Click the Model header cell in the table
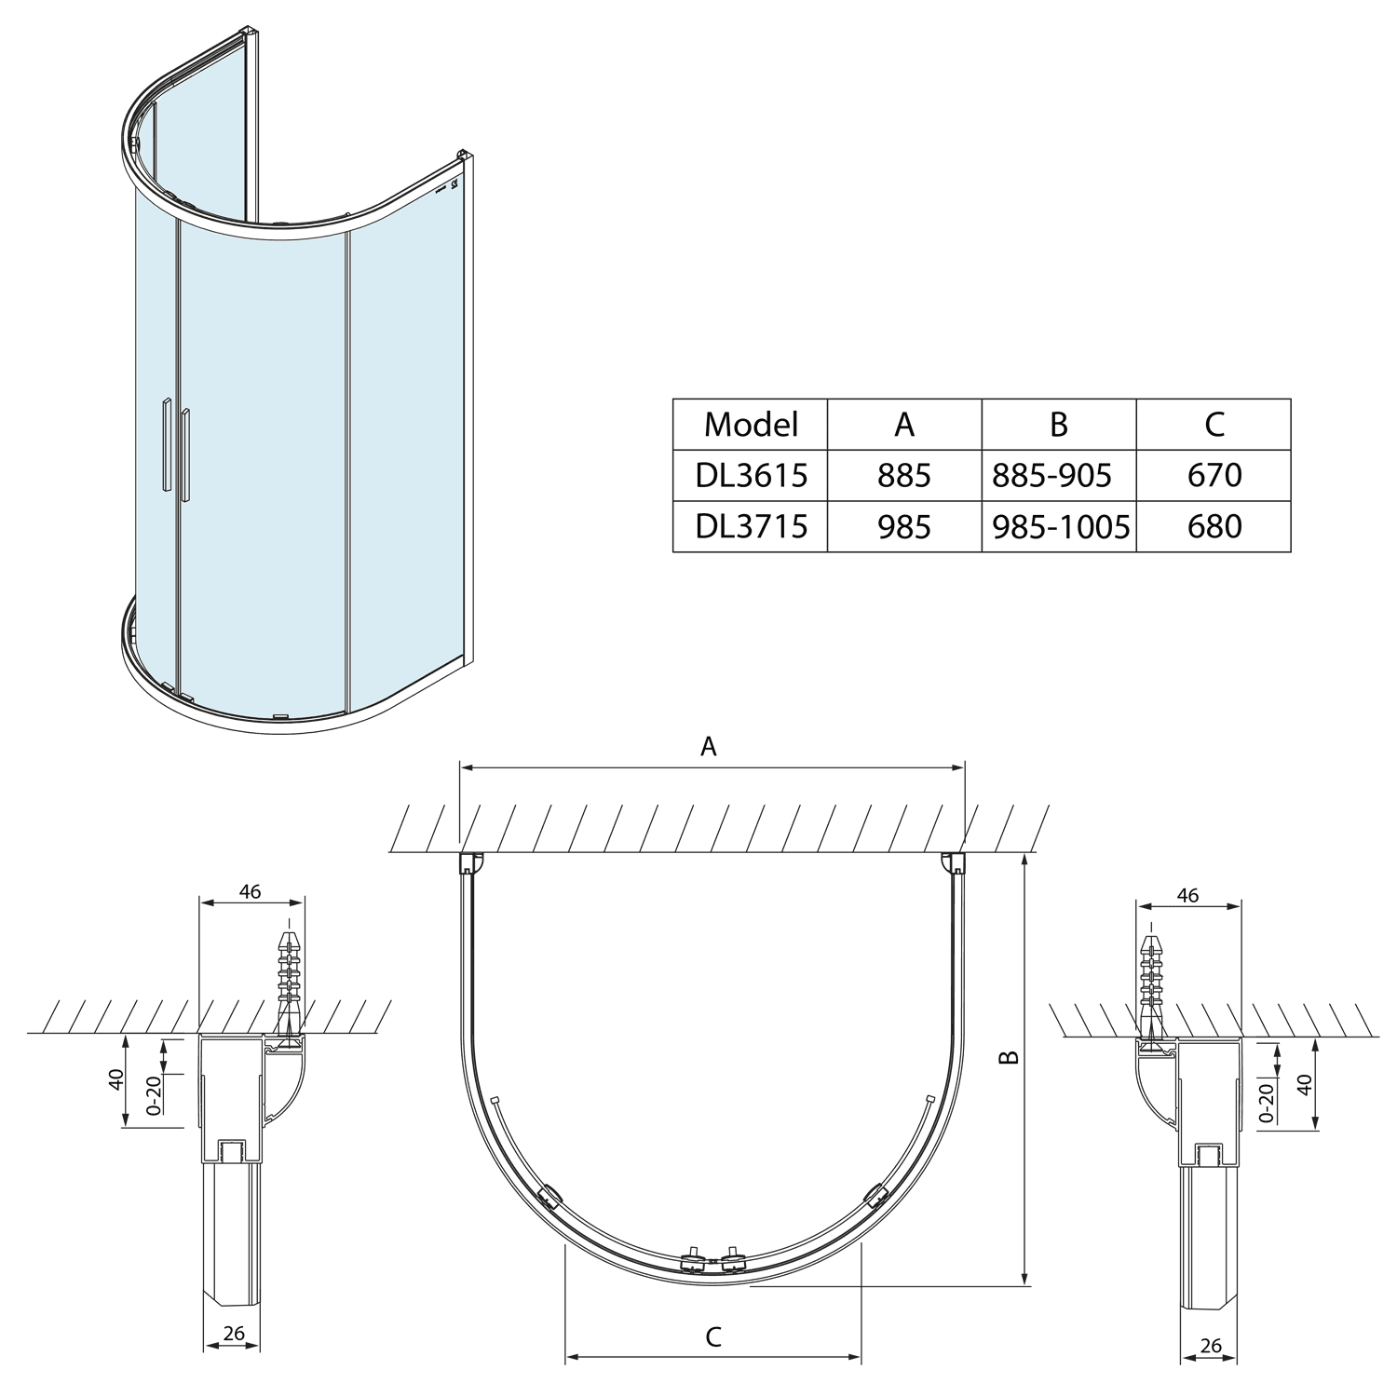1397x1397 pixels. (x=751, y=425)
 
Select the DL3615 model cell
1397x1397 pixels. (x=751, y=476)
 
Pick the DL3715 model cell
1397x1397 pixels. (x=751, y=527)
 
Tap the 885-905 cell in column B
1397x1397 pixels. (x=1059, y=476)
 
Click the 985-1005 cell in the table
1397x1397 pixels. (x=1059, y=527)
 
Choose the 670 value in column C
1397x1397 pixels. (x=1214, y=476)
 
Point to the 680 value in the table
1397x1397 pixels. (x=1214, y=527)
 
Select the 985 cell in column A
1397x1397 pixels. (x=904, y=527)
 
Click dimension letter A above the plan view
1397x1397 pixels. (x=709, y=746)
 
